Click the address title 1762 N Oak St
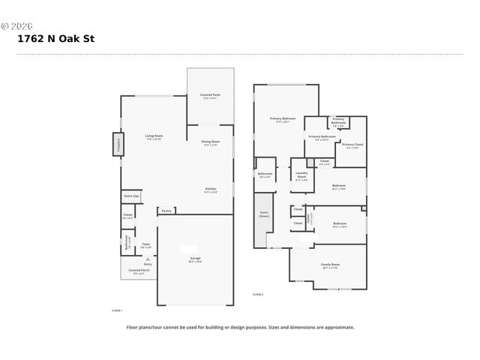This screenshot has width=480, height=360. pyautogui.click(x=56, y=39)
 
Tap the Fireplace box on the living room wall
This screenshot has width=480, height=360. pyautogui.click(x=118, y=144)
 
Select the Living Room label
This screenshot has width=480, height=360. pyautogui.click(x=154, y=136)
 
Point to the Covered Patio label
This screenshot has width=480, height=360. pyautogui.click(x=210, y=95)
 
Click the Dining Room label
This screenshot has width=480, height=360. pyautogui.click(x=210, y=142)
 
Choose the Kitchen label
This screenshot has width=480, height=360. pyautogui.click(x=211, y=190)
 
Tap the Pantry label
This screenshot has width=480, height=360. pyautogui.click(x=166, y=211)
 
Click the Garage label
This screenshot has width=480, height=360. pyautogui.click(x=195, y=259)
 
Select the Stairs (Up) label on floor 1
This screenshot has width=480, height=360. pyautogui.click(x=131, y=196)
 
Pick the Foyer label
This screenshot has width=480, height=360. pyautogui.click(x=146, y=244)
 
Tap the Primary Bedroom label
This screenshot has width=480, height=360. pyautogui.click(x=283, y=119)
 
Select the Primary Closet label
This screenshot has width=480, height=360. pyautogui.click(x=352, y=145)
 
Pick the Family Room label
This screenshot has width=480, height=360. pyautogui.click(x=331, y=265)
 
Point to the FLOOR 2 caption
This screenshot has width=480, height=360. pyautogui.click(x=258, y=295)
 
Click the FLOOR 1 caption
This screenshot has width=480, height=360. pyautogui.click(x=117, y=309)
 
